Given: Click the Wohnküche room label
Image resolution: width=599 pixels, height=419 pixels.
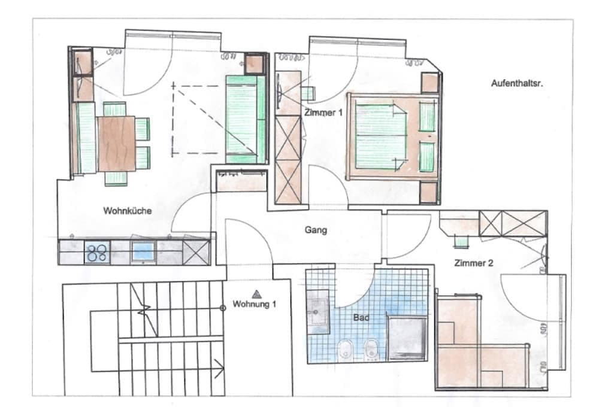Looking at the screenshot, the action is point(127,211).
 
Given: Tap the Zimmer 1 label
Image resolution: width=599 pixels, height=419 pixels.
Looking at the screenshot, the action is point(323,113).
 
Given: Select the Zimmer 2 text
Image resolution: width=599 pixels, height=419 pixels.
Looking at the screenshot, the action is point(474,263).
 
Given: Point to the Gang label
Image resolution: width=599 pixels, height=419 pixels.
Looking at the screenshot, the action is point(316,230).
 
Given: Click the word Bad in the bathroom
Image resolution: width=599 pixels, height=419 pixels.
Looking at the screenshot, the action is point(361,317).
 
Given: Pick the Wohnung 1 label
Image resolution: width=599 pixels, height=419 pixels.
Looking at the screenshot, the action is point(254,304).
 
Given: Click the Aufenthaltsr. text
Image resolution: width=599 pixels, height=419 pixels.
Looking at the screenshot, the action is point(517,83).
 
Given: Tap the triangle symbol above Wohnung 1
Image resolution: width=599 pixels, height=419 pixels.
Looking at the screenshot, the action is point(256,294).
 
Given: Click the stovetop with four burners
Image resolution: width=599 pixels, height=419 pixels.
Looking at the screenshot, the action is point(97,252).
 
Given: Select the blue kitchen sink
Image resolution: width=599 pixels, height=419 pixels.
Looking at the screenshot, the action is point(143,252).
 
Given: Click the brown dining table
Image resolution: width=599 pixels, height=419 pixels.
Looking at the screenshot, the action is point(117,144).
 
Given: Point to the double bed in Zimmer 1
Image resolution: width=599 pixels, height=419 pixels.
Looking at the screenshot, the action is point(393,136).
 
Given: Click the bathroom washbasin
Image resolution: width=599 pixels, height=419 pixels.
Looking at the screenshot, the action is point(318,312).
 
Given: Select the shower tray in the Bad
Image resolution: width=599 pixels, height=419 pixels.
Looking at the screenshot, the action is point(407,338).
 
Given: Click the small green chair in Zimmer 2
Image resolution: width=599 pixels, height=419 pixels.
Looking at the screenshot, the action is point(461,241).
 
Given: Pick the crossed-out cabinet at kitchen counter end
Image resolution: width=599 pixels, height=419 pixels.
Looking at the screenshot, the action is point(196,252).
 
